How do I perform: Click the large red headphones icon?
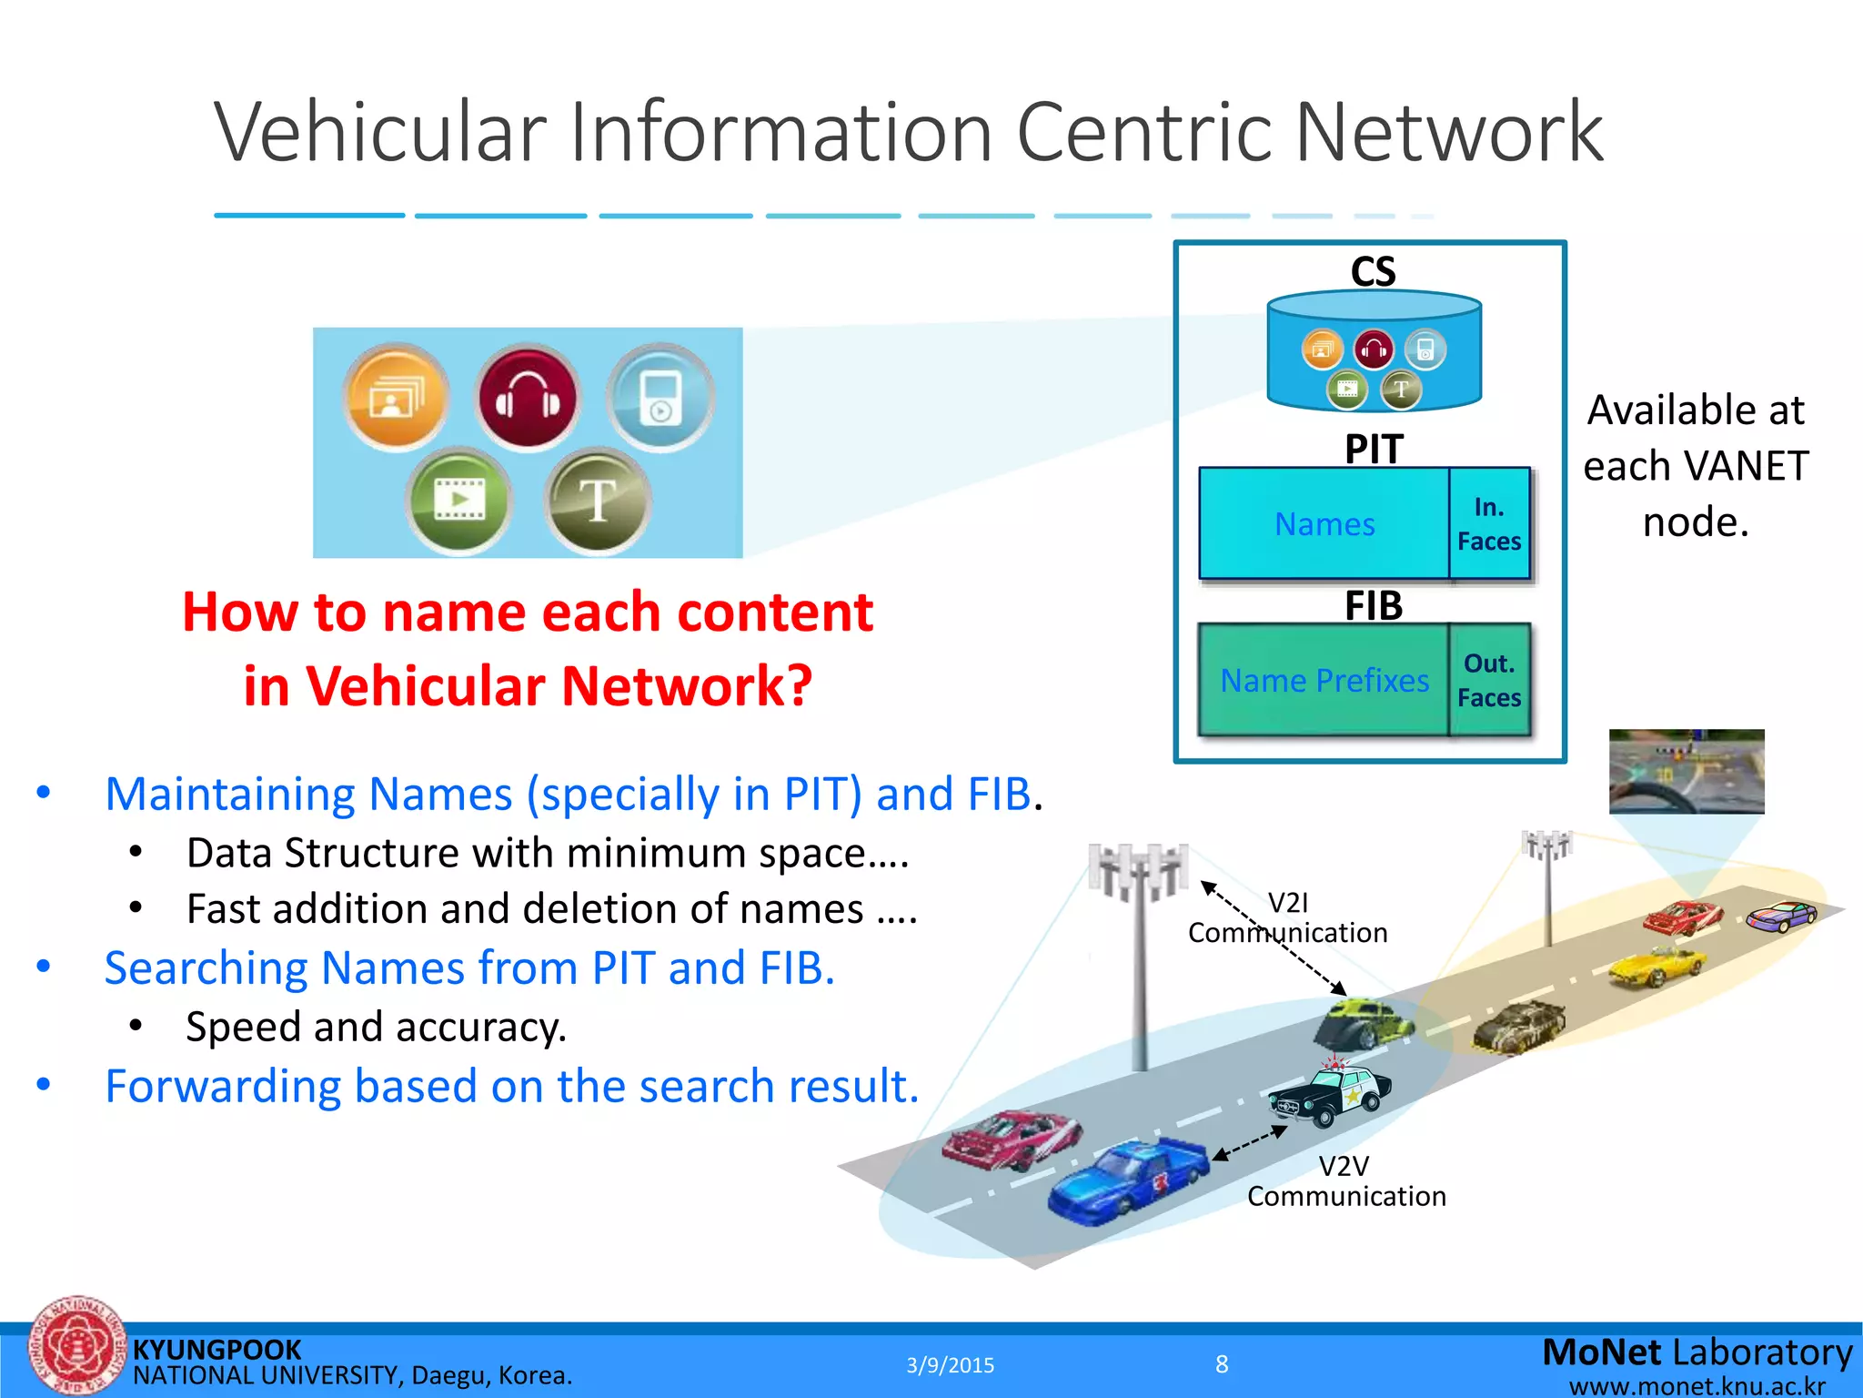(x=528, y=398)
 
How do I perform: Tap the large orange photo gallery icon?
(x=395, y=398)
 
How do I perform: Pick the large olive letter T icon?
(x=598, y=501)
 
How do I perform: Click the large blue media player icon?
(x=660, y=398)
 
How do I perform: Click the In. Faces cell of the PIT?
(x=1489, y=524)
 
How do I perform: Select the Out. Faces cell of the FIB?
(x=1489, y=681)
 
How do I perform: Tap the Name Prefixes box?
(x=1324, y=681)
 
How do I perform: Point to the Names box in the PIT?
(x=1324, y=524)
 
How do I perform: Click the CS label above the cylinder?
(x=1373, y=272)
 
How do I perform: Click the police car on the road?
(x=1331, y=1093)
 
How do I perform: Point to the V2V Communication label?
(x=1346, y=1181)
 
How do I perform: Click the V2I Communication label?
(x=1288, y=917)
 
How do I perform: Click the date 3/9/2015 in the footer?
(x=950, y=1365)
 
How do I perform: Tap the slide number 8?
(x=1222, y=1364)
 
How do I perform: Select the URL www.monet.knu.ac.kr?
(x=1697, y=1386)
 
